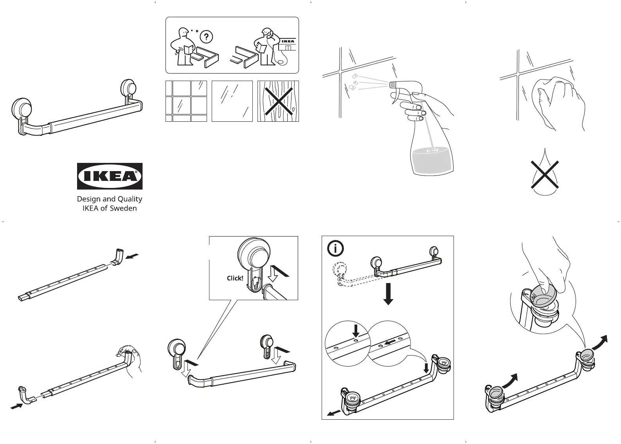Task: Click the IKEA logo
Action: tap(110, 176)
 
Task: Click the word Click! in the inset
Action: tap(235, 278)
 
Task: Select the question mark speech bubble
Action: tap(206, 37)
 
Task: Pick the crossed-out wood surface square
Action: tap(278, 101)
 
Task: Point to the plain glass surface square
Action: tap(232, 101)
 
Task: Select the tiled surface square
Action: tap(186, 101)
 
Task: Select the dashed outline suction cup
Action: tap(339, 270)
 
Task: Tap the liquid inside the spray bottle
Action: tap(432, 161)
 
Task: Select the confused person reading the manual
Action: tap(183, 47)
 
